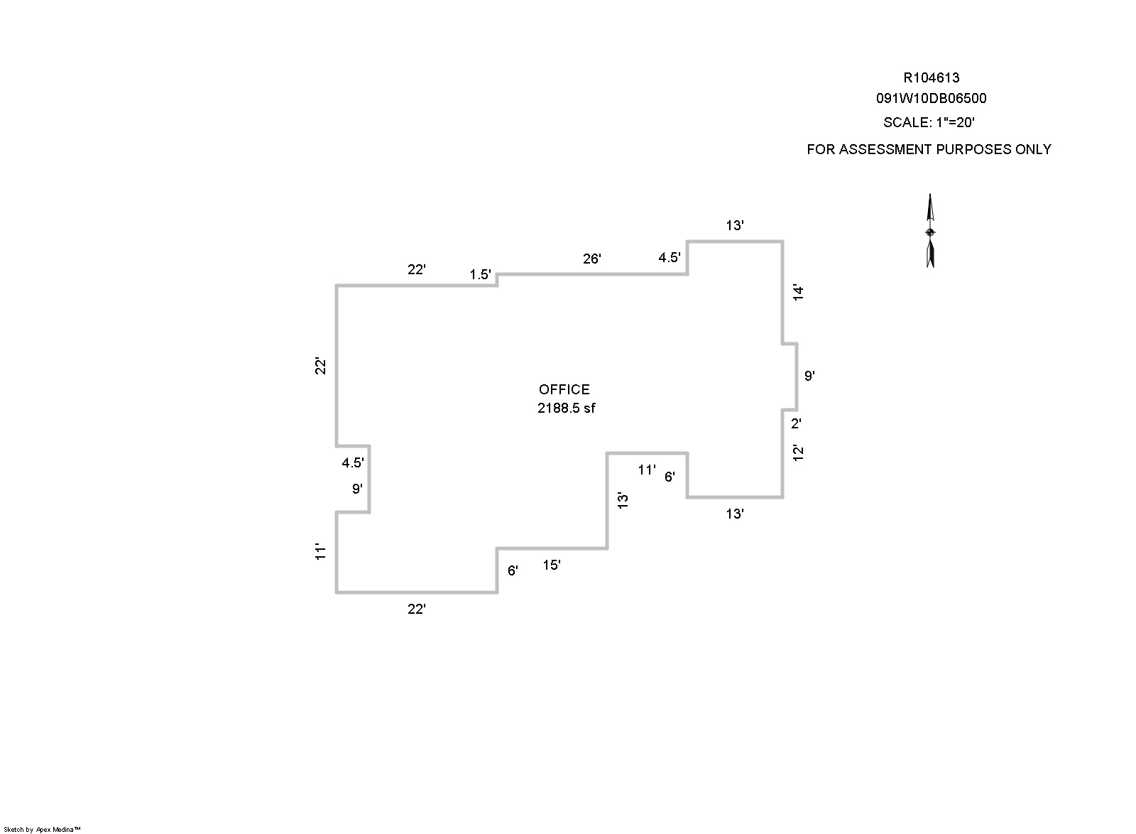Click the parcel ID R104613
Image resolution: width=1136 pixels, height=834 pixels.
(931, 77)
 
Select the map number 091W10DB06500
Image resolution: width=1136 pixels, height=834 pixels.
(931, 99)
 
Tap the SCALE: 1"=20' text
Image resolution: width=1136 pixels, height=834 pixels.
(929, 122)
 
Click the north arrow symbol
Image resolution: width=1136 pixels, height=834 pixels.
(930, 231)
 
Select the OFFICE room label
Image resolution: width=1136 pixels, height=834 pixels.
(564, 389)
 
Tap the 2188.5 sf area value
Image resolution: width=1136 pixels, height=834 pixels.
(566, 408)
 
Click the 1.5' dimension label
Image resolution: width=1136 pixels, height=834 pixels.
(480, 274)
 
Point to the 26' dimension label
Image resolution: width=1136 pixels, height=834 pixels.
(592, 259)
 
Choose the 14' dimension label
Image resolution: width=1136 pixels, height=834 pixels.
(798, 293)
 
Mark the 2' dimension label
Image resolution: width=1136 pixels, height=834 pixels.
(796, 423)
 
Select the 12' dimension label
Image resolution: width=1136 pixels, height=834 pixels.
(798, 453)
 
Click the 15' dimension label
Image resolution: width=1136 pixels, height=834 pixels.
(552, 565)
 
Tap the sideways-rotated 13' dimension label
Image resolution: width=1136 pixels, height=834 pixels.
(623, 500)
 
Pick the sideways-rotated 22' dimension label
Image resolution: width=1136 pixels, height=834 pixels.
(320, 366)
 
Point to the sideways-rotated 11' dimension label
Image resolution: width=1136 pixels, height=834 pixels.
(320, 551)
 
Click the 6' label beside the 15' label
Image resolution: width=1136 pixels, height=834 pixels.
(513, 570)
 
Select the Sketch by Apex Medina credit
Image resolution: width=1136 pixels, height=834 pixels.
(42, 830)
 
